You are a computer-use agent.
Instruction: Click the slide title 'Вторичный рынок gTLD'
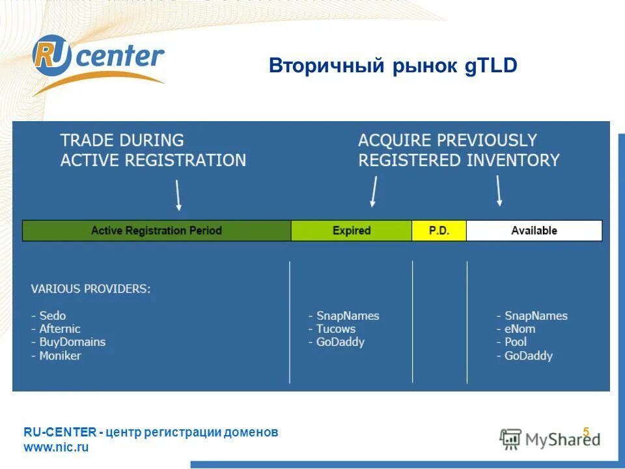point(393,66)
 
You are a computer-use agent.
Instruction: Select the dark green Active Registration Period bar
point(156,231)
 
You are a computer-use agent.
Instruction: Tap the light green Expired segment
point(351,231)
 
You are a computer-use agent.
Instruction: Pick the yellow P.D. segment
point(439,231)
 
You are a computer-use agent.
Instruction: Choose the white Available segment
point(534,231)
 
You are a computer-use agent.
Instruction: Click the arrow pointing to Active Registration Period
point(178,195)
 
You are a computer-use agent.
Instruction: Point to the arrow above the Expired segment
point(374,192)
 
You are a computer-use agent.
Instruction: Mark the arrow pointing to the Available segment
point(499,191)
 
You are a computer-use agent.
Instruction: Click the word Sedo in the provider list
point(52,316)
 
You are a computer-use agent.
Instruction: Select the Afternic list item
point(59,329)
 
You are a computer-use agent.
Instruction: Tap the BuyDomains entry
point(72,342)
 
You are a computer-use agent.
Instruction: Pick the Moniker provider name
point(60,356)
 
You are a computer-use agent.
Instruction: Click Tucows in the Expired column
point(336,329)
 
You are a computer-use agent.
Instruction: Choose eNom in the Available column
point(520,329)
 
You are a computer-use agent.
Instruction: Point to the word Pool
point(516,342)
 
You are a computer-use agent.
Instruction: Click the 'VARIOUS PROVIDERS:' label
point(90,289)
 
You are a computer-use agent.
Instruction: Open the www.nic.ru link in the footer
point(56,448)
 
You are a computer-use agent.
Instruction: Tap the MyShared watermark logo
point(550,438)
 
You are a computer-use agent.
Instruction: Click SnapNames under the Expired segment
point(348,316)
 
